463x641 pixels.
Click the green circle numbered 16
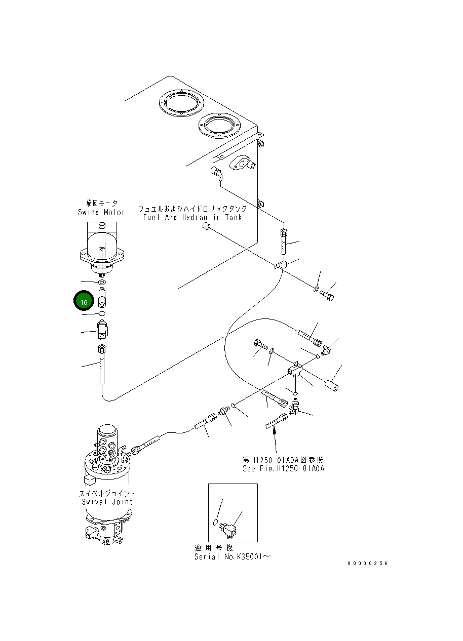(x=84, y=301)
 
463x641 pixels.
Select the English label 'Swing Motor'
(x=101, y=212)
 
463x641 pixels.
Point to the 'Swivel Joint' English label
(x=107, y=502)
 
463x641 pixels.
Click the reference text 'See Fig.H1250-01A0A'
(x=283, y=468)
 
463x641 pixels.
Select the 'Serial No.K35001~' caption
(x=233, y=556)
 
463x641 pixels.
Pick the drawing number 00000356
(x=367, y=563)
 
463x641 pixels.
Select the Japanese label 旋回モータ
(x=101, y=203)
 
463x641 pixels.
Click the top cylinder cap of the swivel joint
(x=107, y=431)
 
